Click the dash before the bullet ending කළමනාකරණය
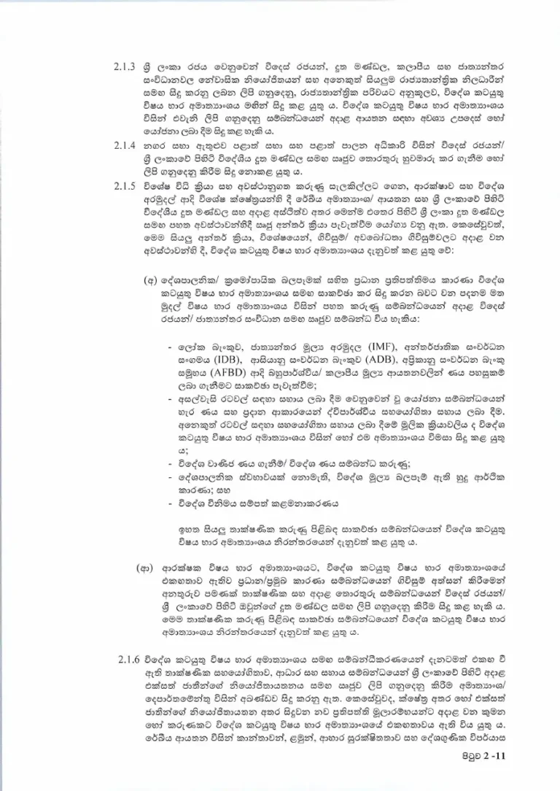(171, 503)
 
